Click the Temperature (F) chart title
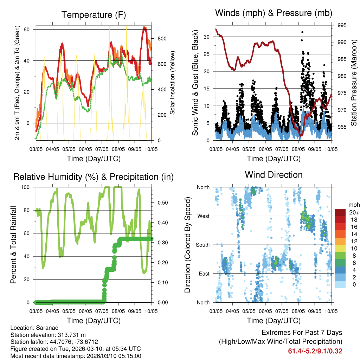tap(94, 15)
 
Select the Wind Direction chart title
tap(274, 174)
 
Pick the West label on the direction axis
tap(203, 216)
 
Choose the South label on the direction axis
tap(202, 245)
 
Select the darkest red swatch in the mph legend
tap(340, 212)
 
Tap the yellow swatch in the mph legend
tap(340, 248)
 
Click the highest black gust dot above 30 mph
tap(302, 32)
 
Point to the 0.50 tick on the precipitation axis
tap(162, 202)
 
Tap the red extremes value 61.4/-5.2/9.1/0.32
tap(315, 351)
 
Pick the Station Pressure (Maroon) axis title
tap(354, 83)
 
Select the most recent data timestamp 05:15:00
tap(129, 356)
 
